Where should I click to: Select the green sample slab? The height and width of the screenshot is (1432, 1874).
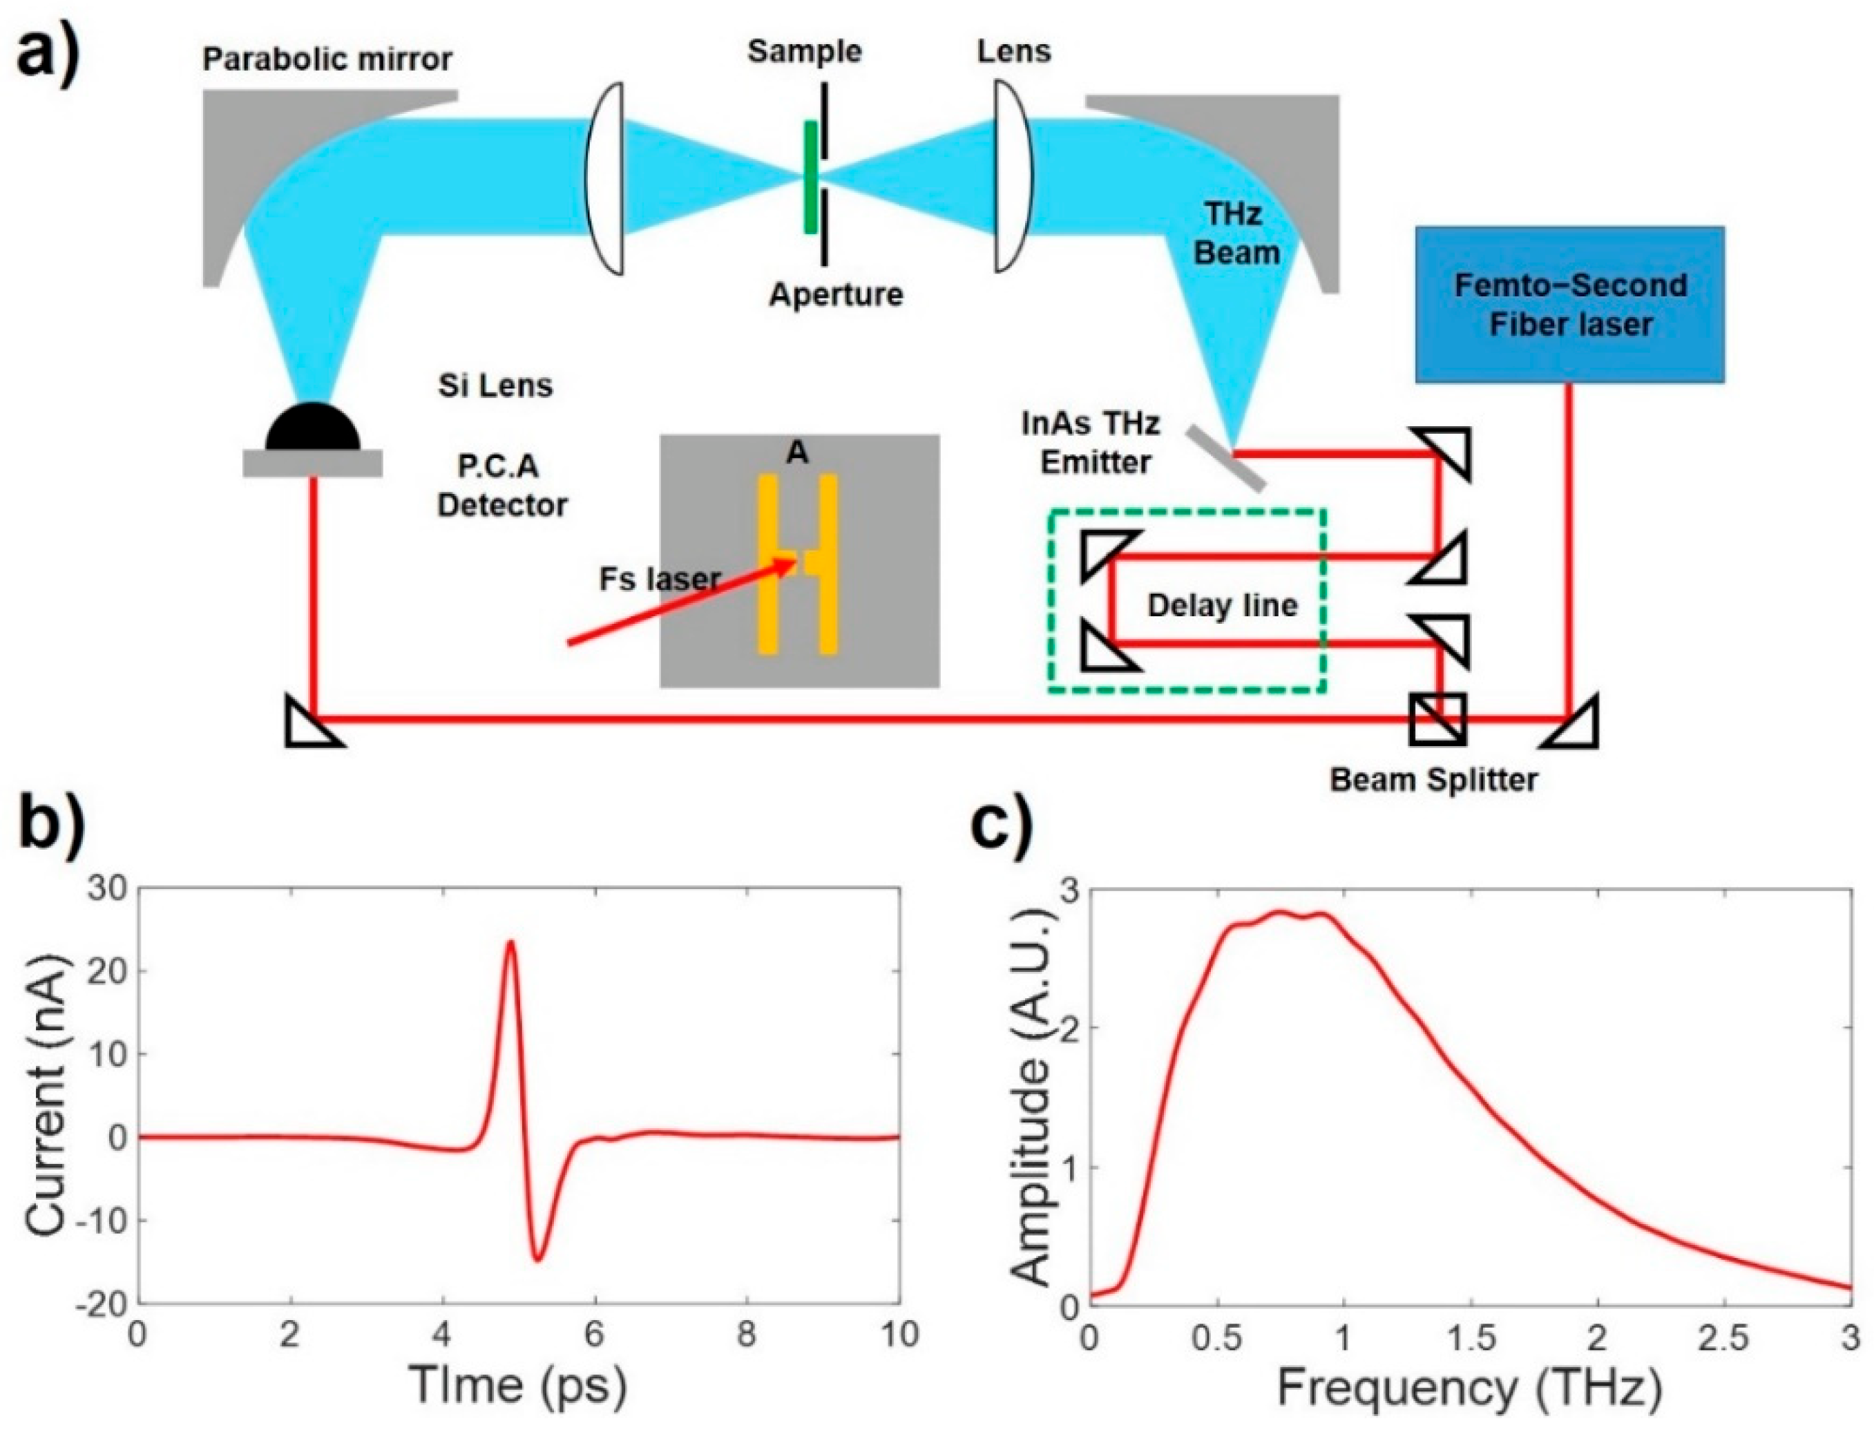[x=810, y=178]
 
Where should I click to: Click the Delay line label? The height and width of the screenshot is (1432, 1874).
[x=1221, y=605]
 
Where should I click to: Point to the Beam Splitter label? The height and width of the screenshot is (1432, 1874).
[x=1433, y=779]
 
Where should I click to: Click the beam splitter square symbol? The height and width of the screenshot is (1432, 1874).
[x=1437, y=719]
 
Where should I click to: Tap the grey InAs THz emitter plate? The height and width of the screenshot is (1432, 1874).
[x=1224, y=459]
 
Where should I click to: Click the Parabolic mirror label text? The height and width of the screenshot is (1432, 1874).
[x=327, y=59]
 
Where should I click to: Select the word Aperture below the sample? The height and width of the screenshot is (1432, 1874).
[x=835, y=294]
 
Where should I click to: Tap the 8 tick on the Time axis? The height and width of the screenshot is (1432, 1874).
[x=747, y=1334]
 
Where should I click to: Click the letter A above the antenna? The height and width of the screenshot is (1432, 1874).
[x=797, y=453]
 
